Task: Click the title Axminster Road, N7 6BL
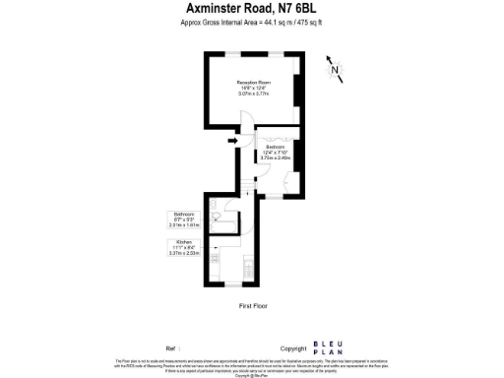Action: point(251,9)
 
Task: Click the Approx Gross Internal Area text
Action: point(251,23)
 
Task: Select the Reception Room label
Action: point(252,83)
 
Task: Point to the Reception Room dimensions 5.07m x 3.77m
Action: point(252,94)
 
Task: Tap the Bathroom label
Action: point(184,214)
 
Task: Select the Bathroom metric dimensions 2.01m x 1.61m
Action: point(184,224)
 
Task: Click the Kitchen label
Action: point(184,241)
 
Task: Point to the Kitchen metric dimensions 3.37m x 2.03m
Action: point(184,252)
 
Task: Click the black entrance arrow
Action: point(233,142)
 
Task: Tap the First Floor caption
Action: point(253,306)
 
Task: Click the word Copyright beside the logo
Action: point(293,348)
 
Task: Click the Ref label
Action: point(172,348)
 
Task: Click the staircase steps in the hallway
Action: point(247,185)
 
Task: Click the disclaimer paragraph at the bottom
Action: point(252,366)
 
